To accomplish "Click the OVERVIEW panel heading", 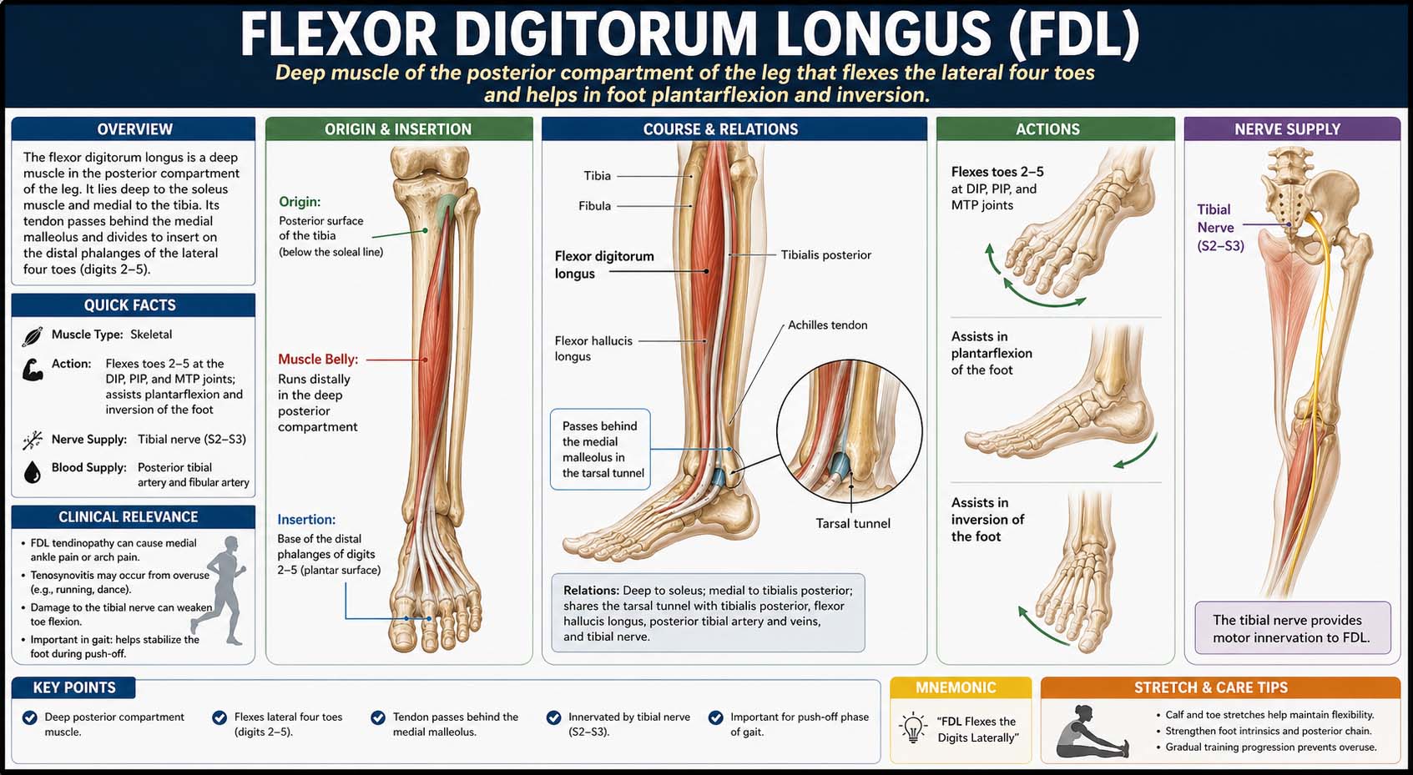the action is coord(134,129).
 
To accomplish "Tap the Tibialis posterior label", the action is coord(825,254).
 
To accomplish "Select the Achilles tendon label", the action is coord(827,325).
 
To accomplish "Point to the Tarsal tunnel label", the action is coord(853,523).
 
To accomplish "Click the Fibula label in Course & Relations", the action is coord(594,205).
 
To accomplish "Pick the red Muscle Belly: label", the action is coord(318,359).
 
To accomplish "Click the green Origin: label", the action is coord(300,201).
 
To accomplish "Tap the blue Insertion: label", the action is coord(306,519).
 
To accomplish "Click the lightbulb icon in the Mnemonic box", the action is coord(913,728).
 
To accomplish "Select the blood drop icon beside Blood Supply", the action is coord(33,472).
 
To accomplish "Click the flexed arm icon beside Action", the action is coord(33,370).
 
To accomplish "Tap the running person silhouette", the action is coord(223,590).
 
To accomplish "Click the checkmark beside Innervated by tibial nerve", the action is coord(553,717).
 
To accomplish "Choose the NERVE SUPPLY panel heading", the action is coord(1287,129).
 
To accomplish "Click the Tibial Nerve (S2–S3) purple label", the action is coord(1220,227).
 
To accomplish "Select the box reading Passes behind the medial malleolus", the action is coord(600,449).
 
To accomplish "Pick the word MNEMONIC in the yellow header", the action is coord(956,687).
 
